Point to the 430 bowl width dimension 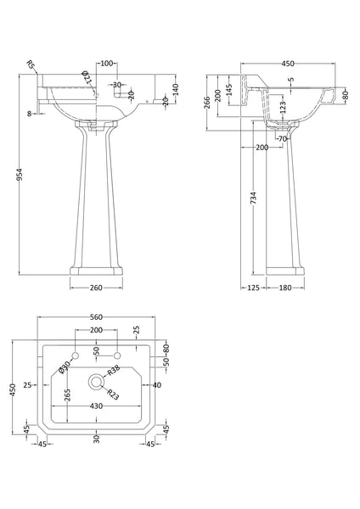[96, 407]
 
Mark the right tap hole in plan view [117, 352]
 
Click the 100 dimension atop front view [108, 64]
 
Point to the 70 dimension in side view [283, 137]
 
